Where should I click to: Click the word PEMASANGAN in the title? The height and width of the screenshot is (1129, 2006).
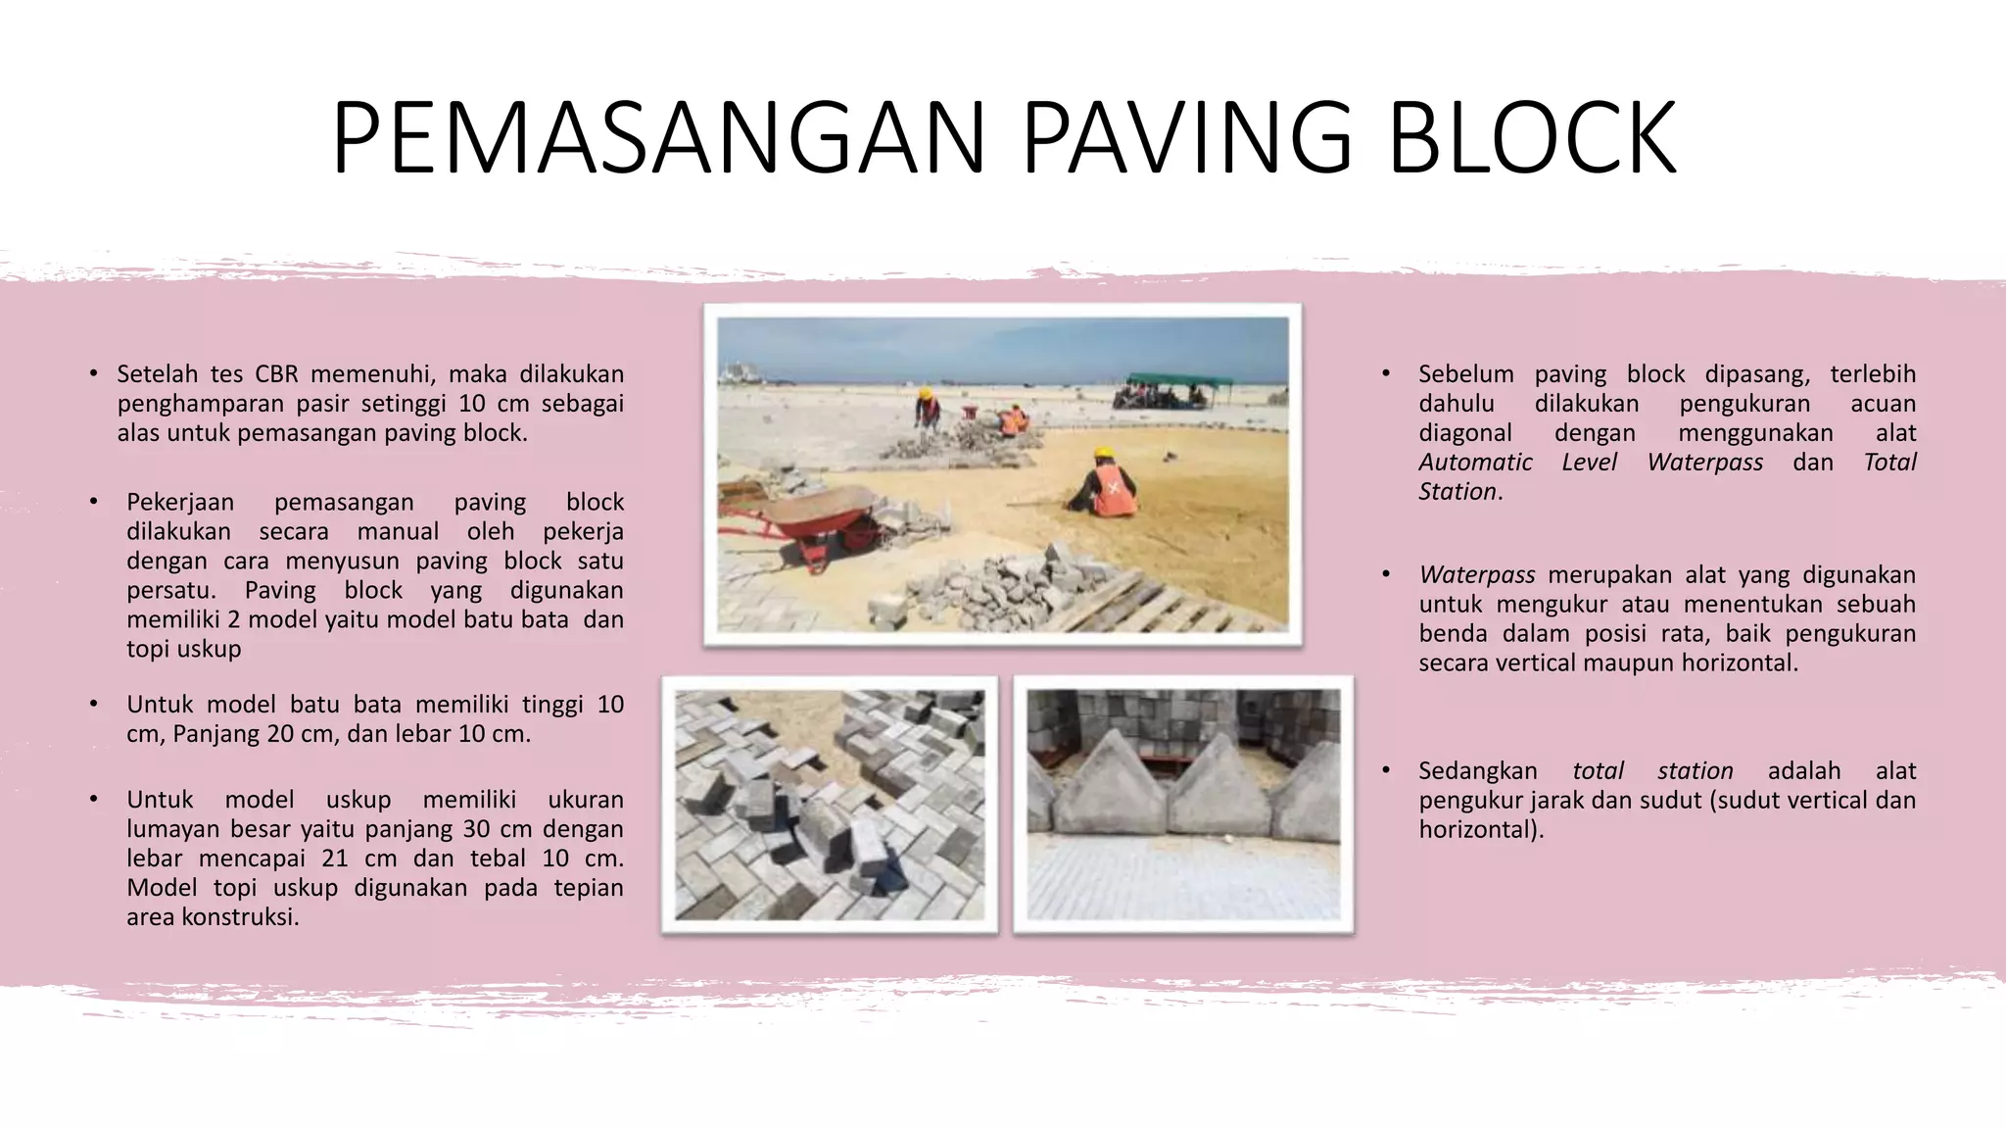(x=658, y=138)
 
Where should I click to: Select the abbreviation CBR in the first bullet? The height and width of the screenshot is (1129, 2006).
(x=276, y=374)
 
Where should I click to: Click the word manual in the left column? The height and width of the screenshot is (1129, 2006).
(x=398, y=531)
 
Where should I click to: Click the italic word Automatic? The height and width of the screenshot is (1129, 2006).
(x=1475, y=463)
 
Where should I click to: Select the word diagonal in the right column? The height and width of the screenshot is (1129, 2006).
(x=1464, y=433)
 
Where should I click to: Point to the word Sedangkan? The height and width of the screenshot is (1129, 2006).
(x=1477, y=771)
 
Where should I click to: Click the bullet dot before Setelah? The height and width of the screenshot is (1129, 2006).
(x=93, y=374)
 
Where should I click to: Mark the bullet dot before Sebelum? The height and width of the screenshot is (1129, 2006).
(x=1386, y=374)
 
